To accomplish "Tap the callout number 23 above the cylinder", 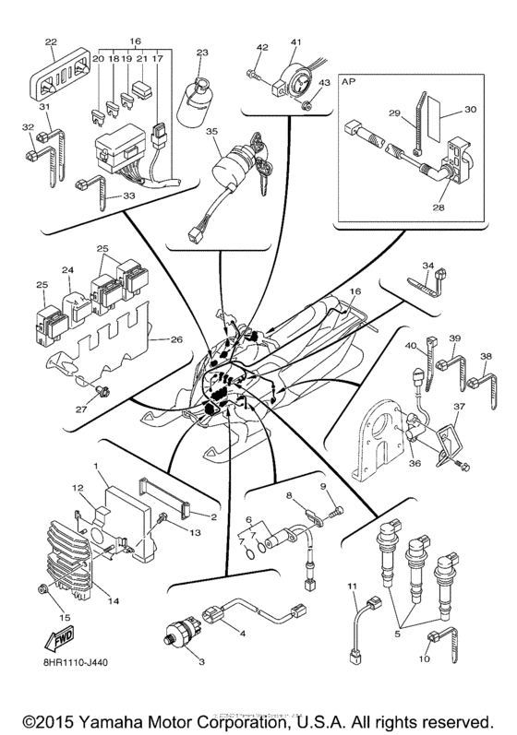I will click(x=202, y=53).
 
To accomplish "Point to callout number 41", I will click(x=296, y=42).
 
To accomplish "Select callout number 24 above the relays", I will click(x=67, y=270).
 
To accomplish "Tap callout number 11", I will click(x=352, y=587).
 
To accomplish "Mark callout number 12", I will click(x=78, y=487).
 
